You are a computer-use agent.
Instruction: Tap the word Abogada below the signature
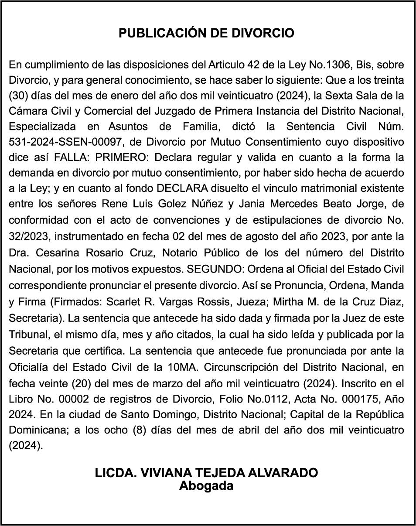tap(206, 486)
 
